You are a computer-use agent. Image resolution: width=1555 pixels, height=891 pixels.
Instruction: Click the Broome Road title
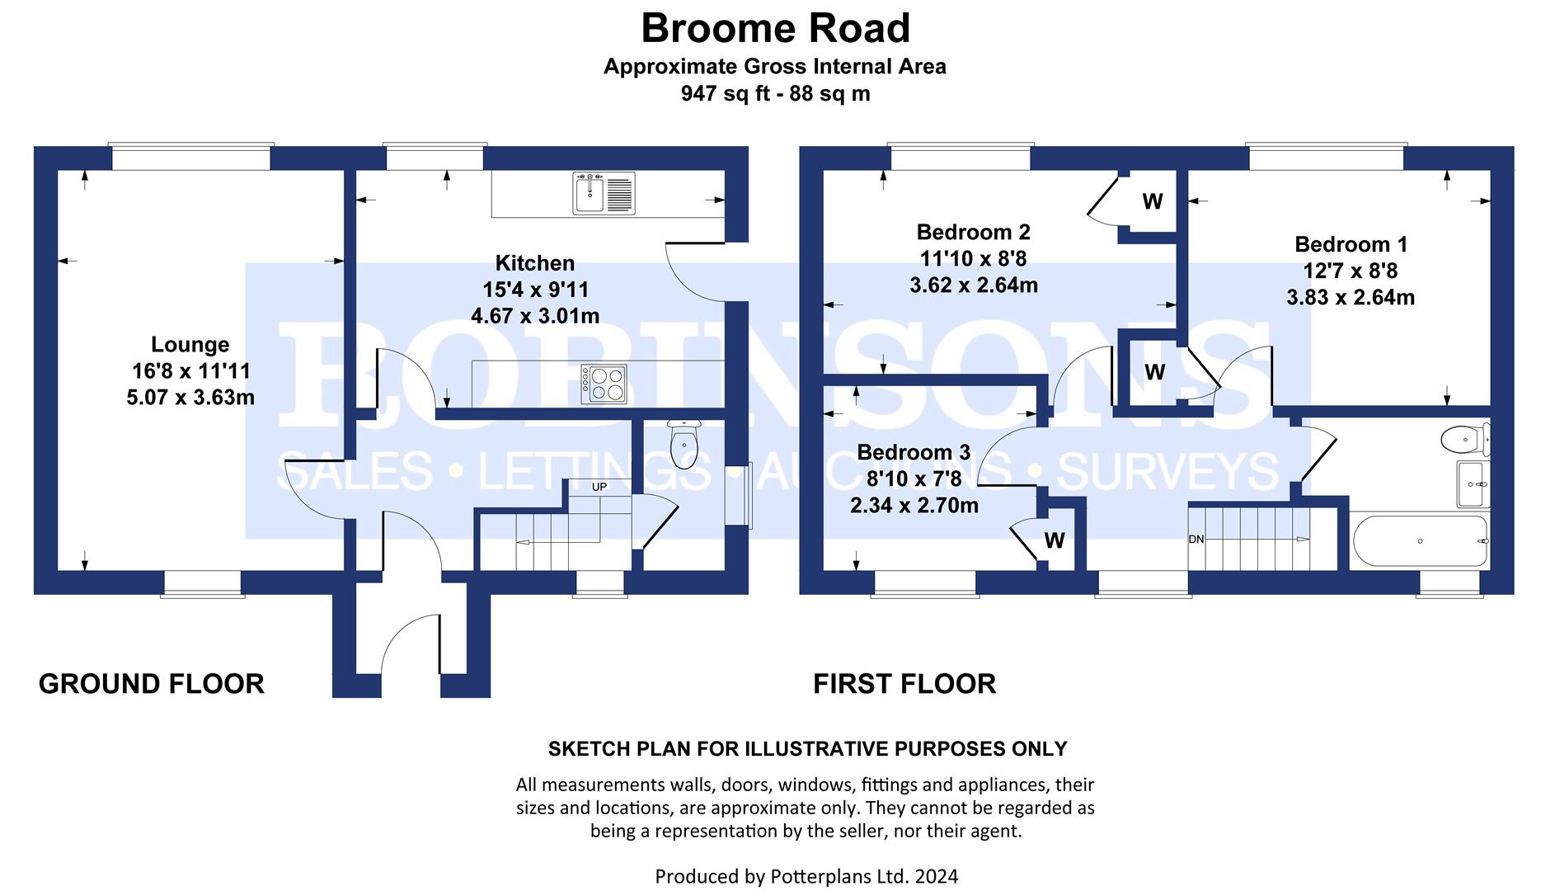click(775, 29)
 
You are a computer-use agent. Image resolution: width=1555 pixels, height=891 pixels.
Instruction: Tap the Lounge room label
click(190, 345)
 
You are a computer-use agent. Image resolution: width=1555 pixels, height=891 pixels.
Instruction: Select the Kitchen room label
click(535, 263)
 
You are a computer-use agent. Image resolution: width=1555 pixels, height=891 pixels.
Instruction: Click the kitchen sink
click(604, 194)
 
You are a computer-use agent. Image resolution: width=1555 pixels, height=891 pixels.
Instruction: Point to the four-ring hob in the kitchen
click(604, 384)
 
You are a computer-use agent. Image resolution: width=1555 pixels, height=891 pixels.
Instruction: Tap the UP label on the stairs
click(599, 487)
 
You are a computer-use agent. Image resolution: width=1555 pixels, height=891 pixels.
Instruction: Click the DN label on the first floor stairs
click(1196, 540)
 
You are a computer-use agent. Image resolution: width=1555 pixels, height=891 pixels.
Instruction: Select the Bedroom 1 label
click(1351, 244)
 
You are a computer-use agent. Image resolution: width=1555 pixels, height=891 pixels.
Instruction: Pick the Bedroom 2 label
click(973, 232)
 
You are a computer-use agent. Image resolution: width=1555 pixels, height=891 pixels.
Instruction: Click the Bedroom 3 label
click(914, 452)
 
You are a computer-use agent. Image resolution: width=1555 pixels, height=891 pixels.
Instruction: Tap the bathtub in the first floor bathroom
click(1420, 541)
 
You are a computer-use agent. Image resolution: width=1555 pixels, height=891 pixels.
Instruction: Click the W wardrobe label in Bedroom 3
click(1055, 540)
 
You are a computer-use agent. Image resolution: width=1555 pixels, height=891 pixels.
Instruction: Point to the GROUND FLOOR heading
click(152, 684)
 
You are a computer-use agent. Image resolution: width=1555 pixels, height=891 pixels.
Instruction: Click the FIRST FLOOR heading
click(904, 684)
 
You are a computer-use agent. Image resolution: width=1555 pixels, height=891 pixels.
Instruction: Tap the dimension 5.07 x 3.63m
click(190, 398)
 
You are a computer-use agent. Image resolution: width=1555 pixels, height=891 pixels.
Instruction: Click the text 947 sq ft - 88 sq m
click(775, 93)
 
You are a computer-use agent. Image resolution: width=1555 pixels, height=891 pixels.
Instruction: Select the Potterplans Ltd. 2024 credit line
click(806, 876)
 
